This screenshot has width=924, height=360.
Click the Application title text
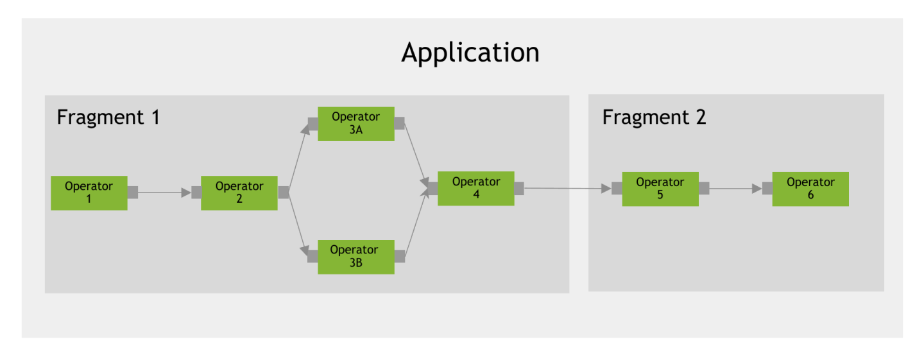[470, 53]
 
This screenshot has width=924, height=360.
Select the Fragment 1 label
[108, 117]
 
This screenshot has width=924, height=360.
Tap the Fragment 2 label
[654, 117]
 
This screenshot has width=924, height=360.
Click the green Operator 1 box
[89, 193]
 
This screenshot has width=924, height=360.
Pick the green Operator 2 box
[239, 193]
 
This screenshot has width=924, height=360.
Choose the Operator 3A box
[355, 123]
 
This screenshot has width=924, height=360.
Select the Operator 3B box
[355, 256]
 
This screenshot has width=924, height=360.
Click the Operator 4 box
[475, 188]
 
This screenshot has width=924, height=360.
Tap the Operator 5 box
[660, 189]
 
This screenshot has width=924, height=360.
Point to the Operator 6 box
[810, 189]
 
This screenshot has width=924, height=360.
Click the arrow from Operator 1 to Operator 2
[164, 193]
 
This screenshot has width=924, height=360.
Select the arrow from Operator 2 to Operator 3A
[298, 158]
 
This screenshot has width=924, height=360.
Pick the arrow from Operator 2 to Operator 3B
[298, 225]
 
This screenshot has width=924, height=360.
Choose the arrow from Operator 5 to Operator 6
[735, 189]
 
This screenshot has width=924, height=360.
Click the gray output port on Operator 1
[133, 193]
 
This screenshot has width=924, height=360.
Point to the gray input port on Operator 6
[767, 189]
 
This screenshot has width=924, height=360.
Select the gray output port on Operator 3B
[400, 256]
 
